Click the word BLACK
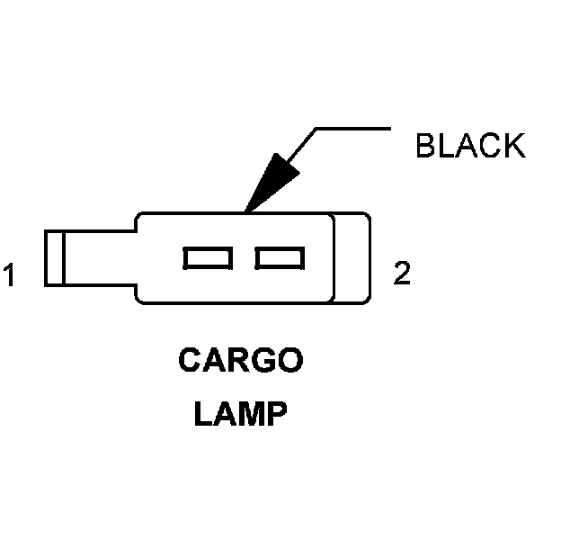470,145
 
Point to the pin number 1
10,274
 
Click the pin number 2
402,274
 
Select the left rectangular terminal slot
208,258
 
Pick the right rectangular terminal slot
279,258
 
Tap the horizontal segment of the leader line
354,129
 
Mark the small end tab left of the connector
54,258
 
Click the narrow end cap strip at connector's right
352,257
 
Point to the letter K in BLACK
514,145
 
